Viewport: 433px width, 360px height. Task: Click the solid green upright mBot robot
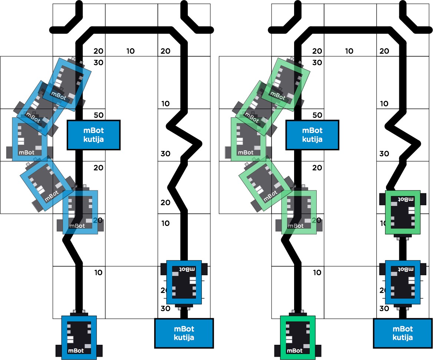coord(298,337)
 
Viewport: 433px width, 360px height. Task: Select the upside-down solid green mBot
coord(403,212)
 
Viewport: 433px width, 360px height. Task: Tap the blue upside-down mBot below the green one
coord(403,282)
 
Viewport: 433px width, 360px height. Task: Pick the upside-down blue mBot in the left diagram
coord(184,282)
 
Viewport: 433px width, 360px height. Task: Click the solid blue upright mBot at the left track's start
coord(79,337)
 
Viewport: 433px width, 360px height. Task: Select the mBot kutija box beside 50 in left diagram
coord(94,135)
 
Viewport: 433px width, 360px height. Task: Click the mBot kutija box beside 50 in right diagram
coord(312,135)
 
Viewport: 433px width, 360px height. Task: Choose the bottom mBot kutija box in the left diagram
coord(184,333)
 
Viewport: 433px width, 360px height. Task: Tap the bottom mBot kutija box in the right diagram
coord(403,333)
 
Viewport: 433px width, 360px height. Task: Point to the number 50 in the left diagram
coord(99,115)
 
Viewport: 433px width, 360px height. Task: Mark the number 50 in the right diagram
coord(317,115)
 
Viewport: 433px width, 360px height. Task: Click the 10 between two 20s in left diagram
coord(130,51)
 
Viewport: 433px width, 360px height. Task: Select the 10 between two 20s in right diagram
coord(349,51)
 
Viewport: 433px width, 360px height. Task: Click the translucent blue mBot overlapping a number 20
coord(80,212)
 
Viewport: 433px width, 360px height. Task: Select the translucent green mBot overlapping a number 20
coord(299,212)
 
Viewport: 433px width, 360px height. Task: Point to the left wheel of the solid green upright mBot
coord(277,350)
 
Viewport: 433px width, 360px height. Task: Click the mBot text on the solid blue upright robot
coord(76,350)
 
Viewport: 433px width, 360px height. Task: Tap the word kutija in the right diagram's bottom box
coord(403,337)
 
